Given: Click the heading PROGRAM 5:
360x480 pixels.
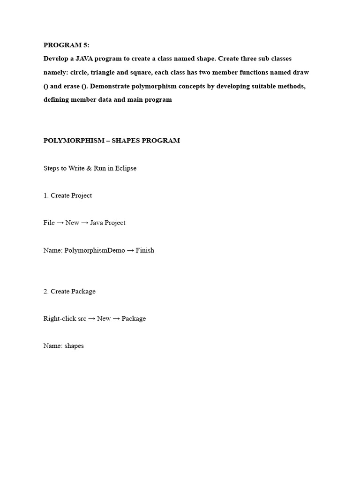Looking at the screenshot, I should [66, 45].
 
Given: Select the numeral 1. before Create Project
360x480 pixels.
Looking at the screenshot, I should [46, 195].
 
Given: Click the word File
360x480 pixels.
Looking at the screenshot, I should [49, 223].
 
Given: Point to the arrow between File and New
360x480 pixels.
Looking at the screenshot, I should [60, 223].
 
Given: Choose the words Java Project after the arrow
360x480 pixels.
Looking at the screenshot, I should [108, 223].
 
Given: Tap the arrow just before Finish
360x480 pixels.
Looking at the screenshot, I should [131, 250].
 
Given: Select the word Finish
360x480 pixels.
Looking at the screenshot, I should [145, 250].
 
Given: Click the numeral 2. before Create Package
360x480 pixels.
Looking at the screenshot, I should [46, 291].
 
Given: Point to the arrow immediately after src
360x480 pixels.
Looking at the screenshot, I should [92, 319].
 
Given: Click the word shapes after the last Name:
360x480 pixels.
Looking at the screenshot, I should [74, 346].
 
